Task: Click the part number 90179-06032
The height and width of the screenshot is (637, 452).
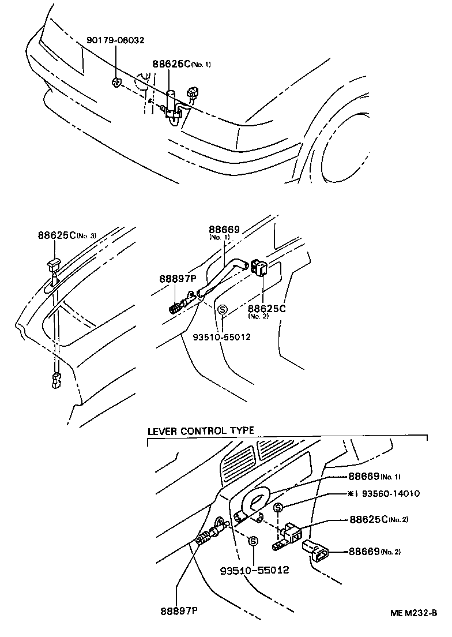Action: point(115,40)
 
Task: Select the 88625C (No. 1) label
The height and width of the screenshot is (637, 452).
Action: point(181,64)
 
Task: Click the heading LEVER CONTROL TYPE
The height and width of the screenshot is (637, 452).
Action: point(201,431)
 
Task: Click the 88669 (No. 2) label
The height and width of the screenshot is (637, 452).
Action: point(374,552)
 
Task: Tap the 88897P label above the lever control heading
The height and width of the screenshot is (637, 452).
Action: point(178,279)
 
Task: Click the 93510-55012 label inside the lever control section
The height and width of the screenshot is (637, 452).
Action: point(254,570)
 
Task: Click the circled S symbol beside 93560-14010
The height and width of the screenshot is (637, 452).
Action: point(278,507)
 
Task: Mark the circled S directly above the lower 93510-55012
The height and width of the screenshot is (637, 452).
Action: point(253,541)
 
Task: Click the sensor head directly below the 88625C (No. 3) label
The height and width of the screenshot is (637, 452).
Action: point(53,265)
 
